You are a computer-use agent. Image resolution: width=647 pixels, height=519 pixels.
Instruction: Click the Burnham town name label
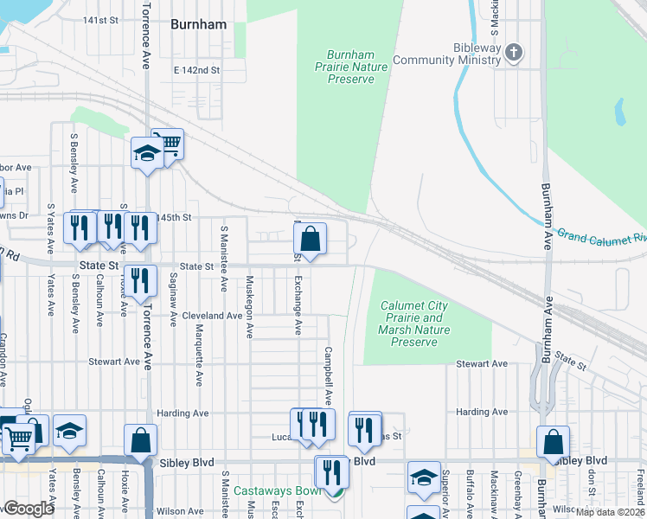[199, 24]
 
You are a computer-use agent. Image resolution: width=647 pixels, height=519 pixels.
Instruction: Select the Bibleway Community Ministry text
[446, 54]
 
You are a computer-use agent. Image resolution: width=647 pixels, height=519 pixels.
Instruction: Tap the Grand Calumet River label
[601, 235]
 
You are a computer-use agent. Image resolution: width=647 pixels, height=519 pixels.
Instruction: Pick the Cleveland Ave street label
[212, 316]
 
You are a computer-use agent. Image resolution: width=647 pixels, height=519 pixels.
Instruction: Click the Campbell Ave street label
[328, 376]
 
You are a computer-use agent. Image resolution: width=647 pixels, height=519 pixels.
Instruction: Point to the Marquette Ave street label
[198, 356]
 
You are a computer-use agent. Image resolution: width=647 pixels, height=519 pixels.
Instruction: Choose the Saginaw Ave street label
[173, 296]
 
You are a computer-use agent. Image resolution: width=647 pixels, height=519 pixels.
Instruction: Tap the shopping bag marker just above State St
[311, 239]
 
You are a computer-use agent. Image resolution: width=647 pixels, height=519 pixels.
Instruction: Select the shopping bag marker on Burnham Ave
[553, 442]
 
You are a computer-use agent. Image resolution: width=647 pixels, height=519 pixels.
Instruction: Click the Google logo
[29, 509]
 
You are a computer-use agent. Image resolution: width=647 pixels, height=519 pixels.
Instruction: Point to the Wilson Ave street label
[180, 511]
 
